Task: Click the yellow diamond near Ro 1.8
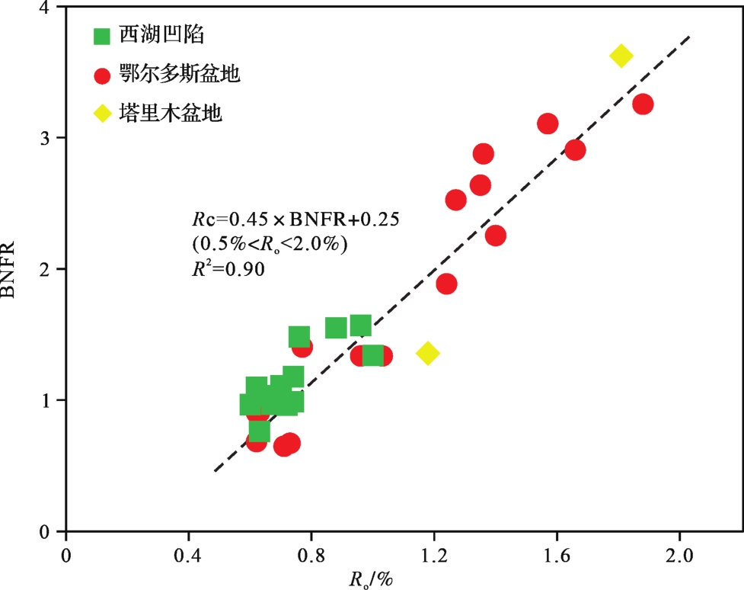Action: coord(621,56)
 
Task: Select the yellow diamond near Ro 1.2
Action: coord(427,353)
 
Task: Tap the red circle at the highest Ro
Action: coord(643,104)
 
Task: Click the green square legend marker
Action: coord(102,36)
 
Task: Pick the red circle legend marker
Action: coord(102,75)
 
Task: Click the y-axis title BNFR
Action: coord(17,269)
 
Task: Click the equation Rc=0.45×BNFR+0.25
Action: coord(296,220)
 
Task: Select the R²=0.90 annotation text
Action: coord(228,268)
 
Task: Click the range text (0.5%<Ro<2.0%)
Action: coord(270,244)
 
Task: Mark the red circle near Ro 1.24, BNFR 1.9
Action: coord(446,284)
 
